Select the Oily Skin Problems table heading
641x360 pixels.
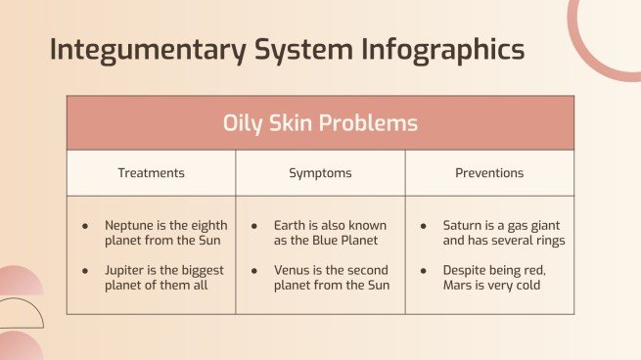tap(320, 123)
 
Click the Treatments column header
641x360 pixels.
tap(151, 173)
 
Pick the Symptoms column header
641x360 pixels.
tap(320, 173)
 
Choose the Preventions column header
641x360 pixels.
tap(489, 173)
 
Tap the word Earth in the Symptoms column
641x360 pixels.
tap(292, 225)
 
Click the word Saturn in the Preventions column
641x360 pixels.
tap(464, 225)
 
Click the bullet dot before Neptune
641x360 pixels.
tap(86, 226)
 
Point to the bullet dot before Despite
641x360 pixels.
tap(424, 270)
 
